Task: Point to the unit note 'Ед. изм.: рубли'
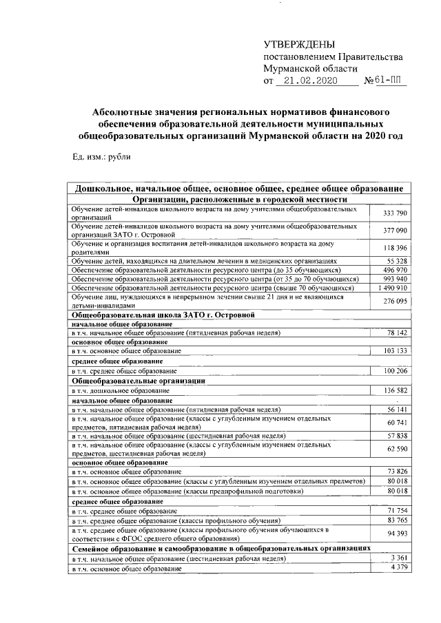coord(101,156)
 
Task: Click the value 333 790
coord(396,213)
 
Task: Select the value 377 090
coord(396,230)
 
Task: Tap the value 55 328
coord(398,262)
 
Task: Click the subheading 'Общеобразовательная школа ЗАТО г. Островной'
coord(164,315)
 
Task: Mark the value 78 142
coord(398,332)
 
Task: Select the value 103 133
coord(396,351)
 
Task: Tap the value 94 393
coord(398,534)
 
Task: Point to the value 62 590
coord(398,450)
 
